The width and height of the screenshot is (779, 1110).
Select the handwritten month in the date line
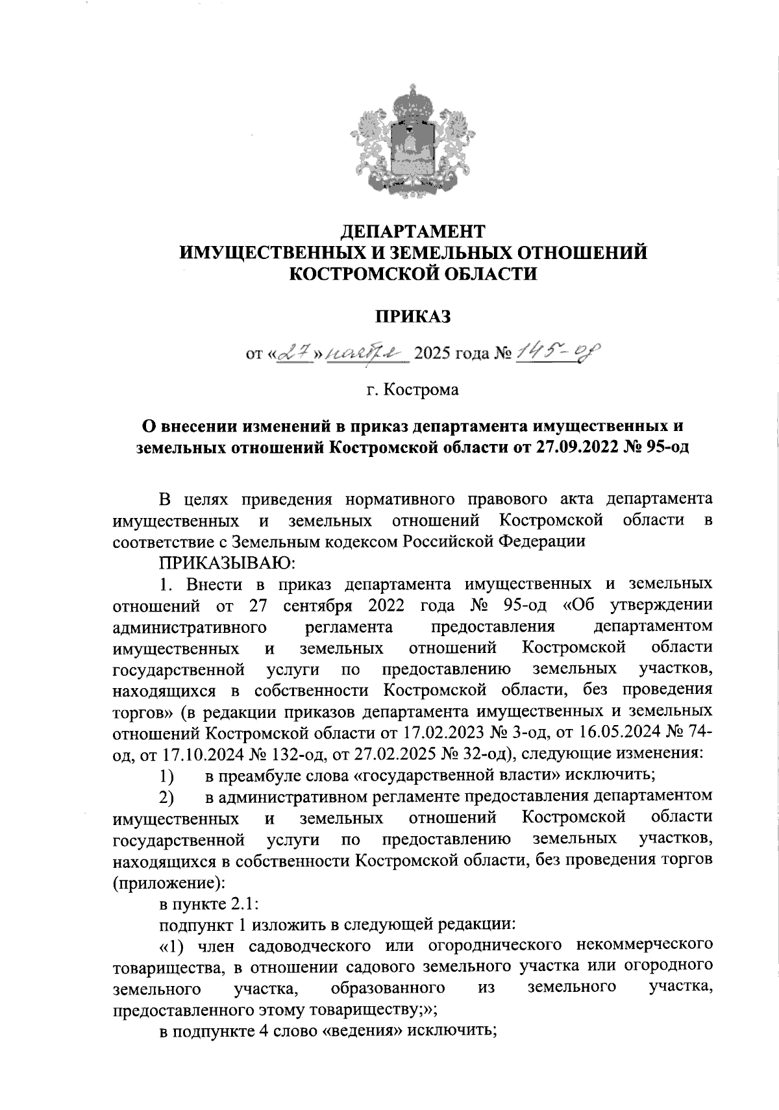point(365,353)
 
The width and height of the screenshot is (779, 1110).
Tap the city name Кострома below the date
point(421,390)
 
